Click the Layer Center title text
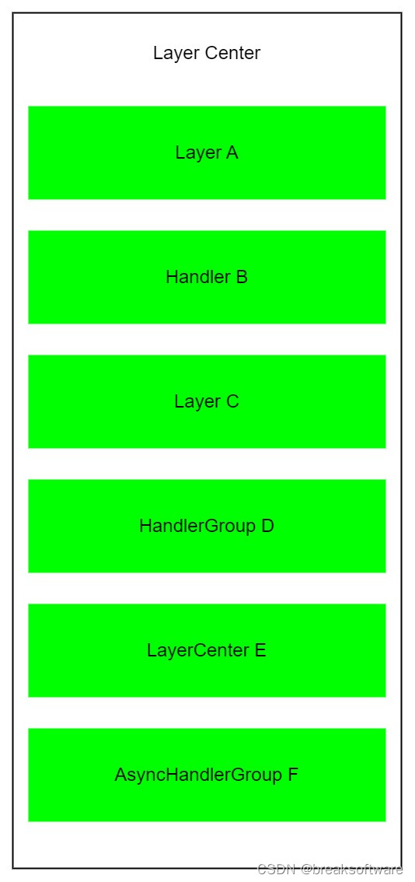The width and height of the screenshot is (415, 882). point(207,54)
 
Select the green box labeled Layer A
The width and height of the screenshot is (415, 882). point(207,152)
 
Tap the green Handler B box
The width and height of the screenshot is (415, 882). point(207,277)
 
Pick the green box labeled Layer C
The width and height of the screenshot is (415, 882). point(207,401)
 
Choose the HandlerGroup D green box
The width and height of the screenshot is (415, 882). point(207,526)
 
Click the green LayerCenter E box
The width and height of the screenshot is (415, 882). point(207,650)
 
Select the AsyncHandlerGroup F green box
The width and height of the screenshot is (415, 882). point(207,775)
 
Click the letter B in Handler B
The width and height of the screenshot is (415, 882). point(241,277)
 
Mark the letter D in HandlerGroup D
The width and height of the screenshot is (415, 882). point(267,526)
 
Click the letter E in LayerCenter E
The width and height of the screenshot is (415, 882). point(260,650)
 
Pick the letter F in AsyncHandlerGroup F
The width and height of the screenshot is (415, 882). point(292,775)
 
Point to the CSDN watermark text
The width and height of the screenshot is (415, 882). point(277,870)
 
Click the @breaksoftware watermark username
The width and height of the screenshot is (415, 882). point(352,870)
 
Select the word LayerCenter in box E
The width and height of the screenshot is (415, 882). point(198,651)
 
